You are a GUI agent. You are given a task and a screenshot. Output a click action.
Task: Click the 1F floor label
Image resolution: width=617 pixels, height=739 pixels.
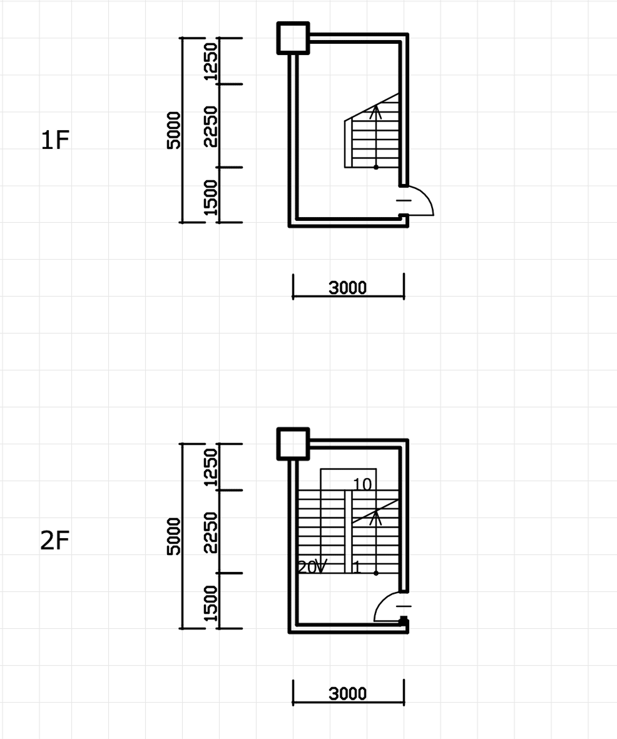pyautogui.click(x=55, y=140)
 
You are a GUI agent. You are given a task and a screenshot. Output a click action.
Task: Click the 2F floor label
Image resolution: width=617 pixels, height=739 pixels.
pyautogui.click(x=54, y=541)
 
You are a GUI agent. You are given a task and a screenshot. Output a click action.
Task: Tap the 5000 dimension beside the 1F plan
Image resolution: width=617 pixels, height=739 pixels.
pyautogui.click(x=173, y=130)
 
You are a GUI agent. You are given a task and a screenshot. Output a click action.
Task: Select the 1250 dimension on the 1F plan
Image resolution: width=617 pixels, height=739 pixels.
pyautogui.click(x=210, y=61)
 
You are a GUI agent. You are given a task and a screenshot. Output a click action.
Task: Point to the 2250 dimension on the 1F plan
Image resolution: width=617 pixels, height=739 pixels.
pyautogui.click(x=210, y=126)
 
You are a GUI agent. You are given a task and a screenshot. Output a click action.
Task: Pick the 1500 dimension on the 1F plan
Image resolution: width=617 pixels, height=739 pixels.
pyautogui.click(x=210, y=197)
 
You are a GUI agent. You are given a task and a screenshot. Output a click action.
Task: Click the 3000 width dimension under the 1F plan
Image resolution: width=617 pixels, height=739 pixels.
pyautogui.click(x=347, y=287)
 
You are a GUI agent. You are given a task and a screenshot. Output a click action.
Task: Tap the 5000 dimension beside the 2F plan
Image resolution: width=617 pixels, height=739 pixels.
pyautogui.click(x=173, y=536)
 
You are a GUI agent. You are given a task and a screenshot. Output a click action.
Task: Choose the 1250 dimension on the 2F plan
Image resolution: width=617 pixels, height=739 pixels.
pyautogui.click(x=210, y=467)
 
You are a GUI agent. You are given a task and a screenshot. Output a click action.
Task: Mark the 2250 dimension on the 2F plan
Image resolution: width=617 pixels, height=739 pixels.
pyautogui.click(x=210, y=533)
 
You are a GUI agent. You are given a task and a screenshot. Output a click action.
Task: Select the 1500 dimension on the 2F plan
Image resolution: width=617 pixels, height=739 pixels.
pyautogui.click(x=210, y=603)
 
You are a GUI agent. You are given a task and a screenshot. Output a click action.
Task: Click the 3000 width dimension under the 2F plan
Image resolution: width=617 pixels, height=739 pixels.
pyautogui.click(x=347, y=694)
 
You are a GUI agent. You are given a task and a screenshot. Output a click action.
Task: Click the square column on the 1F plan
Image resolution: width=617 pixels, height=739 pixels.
pyautogui.click(x=293, y=38)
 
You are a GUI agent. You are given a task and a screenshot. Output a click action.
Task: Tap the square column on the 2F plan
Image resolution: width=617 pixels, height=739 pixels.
pyautogui.click(x=293, y=444)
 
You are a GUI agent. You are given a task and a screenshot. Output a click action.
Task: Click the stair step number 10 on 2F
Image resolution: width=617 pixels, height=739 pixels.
pyautogui.click(x=362, y=484)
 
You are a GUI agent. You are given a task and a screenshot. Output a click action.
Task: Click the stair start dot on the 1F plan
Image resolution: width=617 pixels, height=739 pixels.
pyautogui.click(x=375, y=167)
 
